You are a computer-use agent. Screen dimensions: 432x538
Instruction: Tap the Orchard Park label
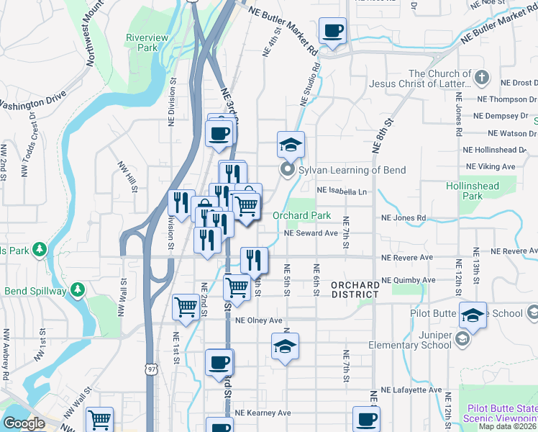(x=301, y=215)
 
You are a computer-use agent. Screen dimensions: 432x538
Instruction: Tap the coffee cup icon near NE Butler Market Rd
(x=332, y=31)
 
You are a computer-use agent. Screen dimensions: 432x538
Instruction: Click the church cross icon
(x=482, y=76)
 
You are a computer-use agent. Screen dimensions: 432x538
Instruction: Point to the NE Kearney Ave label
(x=265, y=413)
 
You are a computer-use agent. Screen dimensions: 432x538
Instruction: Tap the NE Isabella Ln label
(x=342, y=192)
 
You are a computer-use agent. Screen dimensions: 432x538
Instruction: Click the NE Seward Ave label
(x=311, y=233)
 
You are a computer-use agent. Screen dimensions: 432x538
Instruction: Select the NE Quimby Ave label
(x=409, y=279)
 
